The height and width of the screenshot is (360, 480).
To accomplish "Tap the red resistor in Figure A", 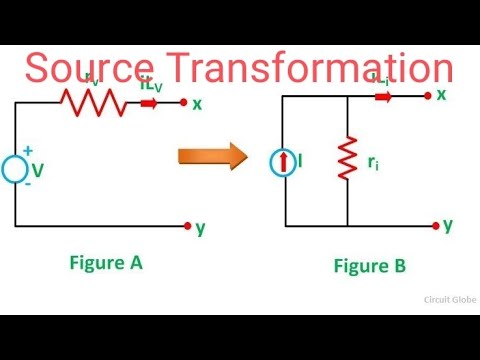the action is click(x=93, y=101).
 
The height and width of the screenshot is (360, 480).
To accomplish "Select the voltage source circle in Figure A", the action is click(x=15, y=171).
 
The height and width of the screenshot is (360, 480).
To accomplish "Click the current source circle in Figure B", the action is click(x=283, y=160).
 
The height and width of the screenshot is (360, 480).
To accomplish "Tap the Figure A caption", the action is click(x=106, y=263).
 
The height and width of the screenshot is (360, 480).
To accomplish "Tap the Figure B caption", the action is click(x=369, y=266).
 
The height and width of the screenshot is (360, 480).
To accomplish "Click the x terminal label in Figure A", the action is click(x=197, y=103).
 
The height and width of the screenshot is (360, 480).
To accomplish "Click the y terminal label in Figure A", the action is click(x=200, y=228).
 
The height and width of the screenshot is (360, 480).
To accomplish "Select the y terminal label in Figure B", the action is click(x=447, y=224).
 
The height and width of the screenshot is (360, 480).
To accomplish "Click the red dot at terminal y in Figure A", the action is click(x=186, y=226).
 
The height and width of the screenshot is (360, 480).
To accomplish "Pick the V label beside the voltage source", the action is click(x=38, y=172).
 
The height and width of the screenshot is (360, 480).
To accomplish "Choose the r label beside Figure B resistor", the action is click(x=372, y=161).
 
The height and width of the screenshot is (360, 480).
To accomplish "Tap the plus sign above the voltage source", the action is click(x=27, y=151).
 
